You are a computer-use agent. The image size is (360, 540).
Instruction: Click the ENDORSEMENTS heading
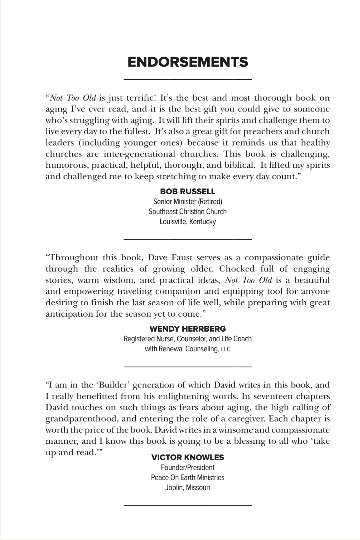(188, 62)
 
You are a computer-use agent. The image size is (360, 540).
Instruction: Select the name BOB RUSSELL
(188, 191)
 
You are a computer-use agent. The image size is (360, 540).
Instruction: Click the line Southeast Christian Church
(188, 212)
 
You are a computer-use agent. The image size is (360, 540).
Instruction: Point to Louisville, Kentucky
(188, 222)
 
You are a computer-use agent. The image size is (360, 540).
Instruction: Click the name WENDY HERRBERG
(188, 329)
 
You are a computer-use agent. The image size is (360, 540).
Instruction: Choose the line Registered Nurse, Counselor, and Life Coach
(188, 339)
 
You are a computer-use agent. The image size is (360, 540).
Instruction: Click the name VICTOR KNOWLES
(188, 457)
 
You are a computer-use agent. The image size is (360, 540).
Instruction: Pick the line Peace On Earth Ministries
(188, 478)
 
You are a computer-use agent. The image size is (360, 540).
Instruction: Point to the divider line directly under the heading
(188, 79)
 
